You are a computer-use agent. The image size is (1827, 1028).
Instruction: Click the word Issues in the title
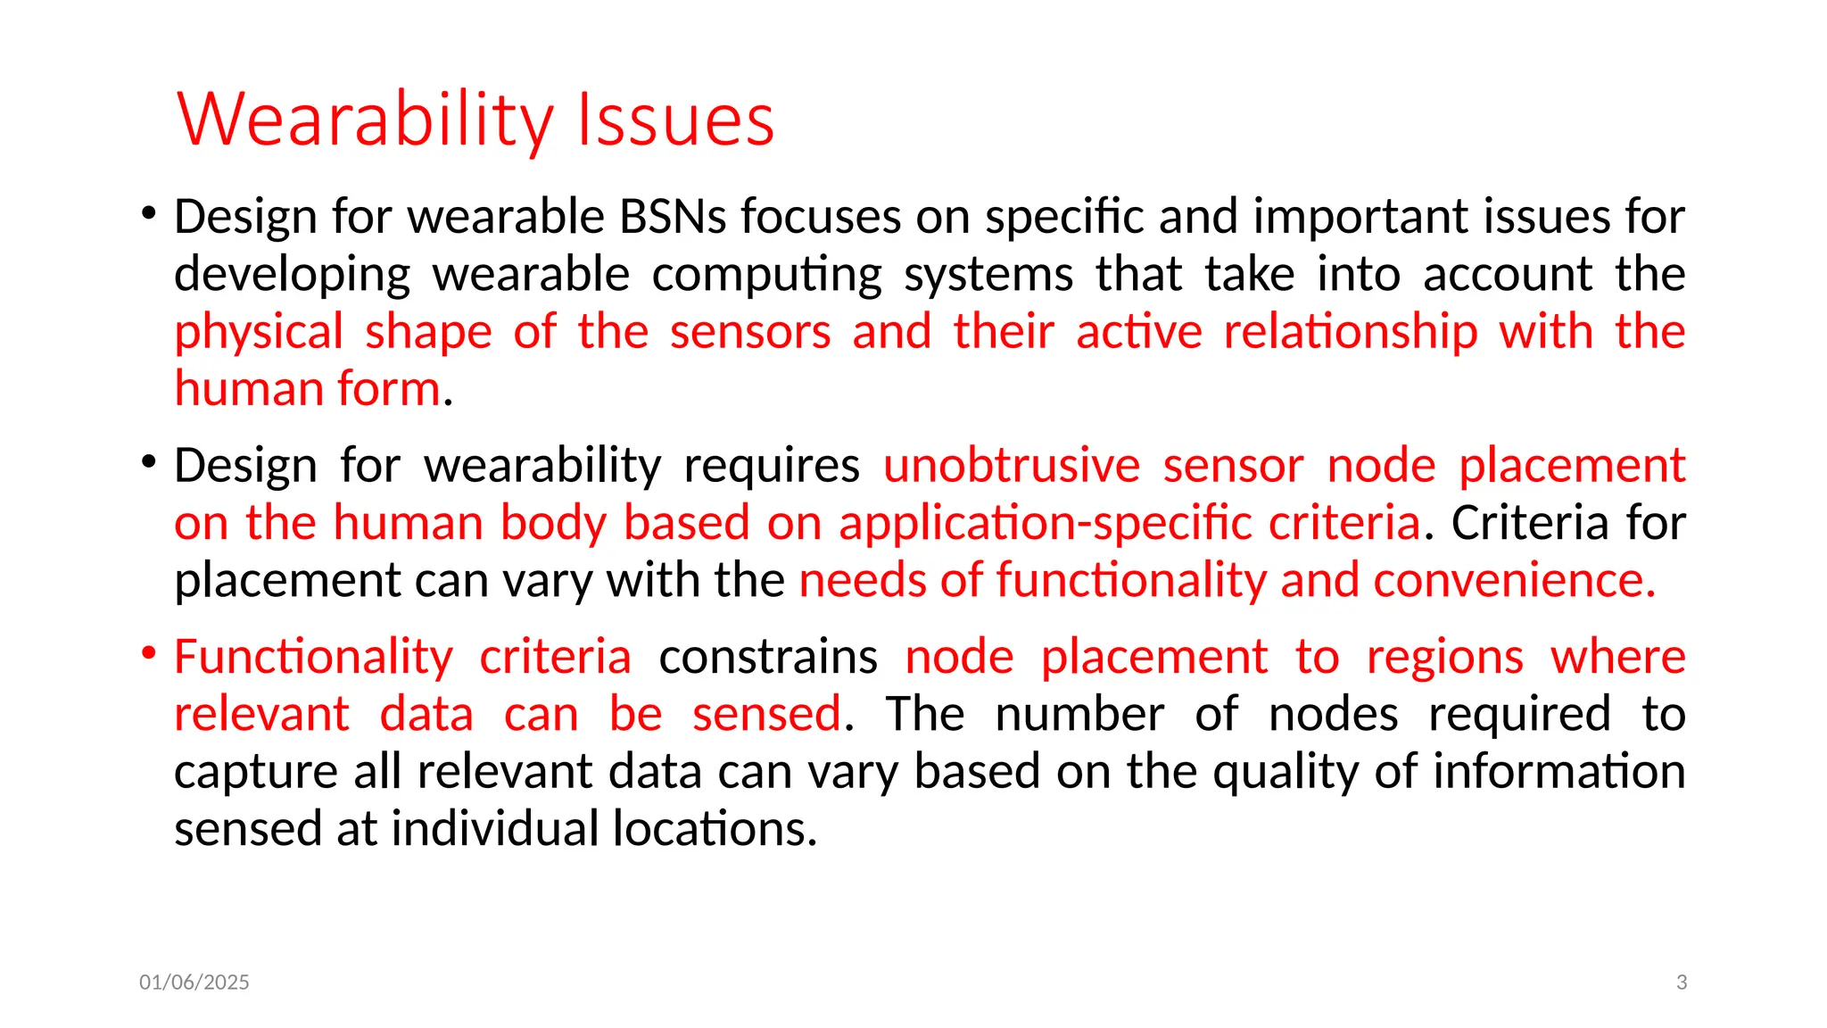675,120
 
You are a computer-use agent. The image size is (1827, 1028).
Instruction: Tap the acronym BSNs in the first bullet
673,217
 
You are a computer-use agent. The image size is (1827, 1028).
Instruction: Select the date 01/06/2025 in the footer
194,982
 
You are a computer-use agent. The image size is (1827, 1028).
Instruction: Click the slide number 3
1682,982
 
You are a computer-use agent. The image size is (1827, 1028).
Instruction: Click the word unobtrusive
1012,466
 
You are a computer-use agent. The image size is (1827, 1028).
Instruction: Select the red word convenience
1514,581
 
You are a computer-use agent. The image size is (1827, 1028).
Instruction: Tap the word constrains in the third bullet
768,658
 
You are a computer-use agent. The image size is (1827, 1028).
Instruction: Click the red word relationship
1350,332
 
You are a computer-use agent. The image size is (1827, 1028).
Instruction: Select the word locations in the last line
715,829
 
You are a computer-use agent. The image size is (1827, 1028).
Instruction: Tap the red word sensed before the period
766,715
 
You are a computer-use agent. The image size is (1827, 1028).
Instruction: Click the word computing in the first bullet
766,275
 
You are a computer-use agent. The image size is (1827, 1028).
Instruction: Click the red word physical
259,332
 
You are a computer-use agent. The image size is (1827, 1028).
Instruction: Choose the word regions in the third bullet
1444,658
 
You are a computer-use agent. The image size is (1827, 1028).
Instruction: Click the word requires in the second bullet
772,466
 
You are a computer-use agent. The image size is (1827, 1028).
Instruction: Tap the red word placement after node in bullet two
1571,466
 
